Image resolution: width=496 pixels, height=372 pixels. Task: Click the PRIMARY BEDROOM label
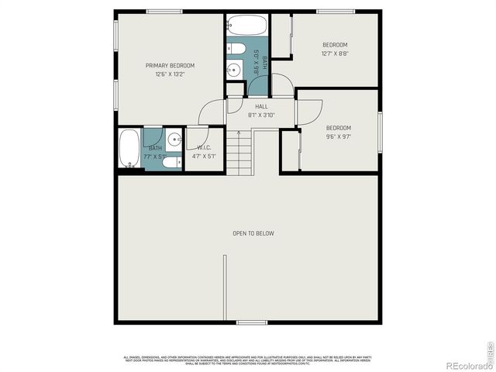170,65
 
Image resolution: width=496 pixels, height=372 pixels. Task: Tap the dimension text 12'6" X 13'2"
170,75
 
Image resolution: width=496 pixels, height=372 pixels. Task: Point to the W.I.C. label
205,147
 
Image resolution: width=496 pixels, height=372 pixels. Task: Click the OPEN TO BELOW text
253,233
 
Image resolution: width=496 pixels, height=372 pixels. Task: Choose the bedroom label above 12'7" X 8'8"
335,45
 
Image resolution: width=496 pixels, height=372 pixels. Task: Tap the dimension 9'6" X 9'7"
338,136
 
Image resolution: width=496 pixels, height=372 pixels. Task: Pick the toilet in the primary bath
173,161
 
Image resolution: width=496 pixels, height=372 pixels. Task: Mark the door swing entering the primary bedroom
209,115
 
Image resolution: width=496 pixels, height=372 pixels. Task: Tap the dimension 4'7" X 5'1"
205,156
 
